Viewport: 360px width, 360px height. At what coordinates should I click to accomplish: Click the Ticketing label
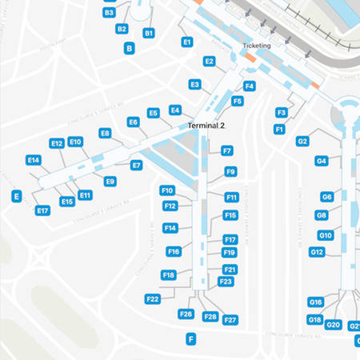pyautogui.click(x=256, y=46)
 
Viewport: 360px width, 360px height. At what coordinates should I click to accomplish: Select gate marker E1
pyautogui.click(x=187, y=42)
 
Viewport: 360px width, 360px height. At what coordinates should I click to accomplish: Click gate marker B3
pyautogui.click(x=110, y=13)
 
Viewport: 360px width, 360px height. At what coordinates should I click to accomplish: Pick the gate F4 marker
pyautogui.click(x=250, y=86)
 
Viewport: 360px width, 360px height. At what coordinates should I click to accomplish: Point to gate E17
pyautogui.click(x=43, y=210)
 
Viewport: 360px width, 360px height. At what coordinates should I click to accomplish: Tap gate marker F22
pyautogui.click(x=153, y=298)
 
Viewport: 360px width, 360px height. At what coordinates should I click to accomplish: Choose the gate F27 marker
pyautogui.click(x=230, y=320)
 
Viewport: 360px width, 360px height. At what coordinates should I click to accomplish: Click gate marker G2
pyautogui.click(x=302, y=141)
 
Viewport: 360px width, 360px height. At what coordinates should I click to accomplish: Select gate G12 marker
pyautogui.click(x=317, y=252)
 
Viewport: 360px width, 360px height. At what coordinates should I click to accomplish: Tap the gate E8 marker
pyautogui.click(x=105, y=134)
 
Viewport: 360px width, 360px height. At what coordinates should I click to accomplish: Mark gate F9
pyautogui.click(x=230, y=171)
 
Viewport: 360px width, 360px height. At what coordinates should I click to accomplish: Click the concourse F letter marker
pyautogui.click(x=190, y=339)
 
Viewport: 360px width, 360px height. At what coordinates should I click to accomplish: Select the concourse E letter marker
pyautogui.click(x=16, y=196)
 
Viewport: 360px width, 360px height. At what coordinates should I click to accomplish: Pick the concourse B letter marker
pyautogui.click(x=130, y=49)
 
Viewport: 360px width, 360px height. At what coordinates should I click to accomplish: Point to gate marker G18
pyautogui.click(x=315, y=319)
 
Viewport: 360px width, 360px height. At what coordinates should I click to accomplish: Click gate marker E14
pyautogui.click(x=34, y=160)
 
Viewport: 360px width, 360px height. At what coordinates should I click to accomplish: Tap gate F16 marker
pyautogui.click(x=174, y=251)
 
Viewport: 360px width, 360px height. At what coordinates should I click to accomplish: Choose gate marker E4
pyautogui.click(x=175, y=110)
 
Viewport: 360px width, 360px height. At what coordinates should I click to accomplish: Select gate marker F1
pyautogui.click(x=279, y=129)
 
